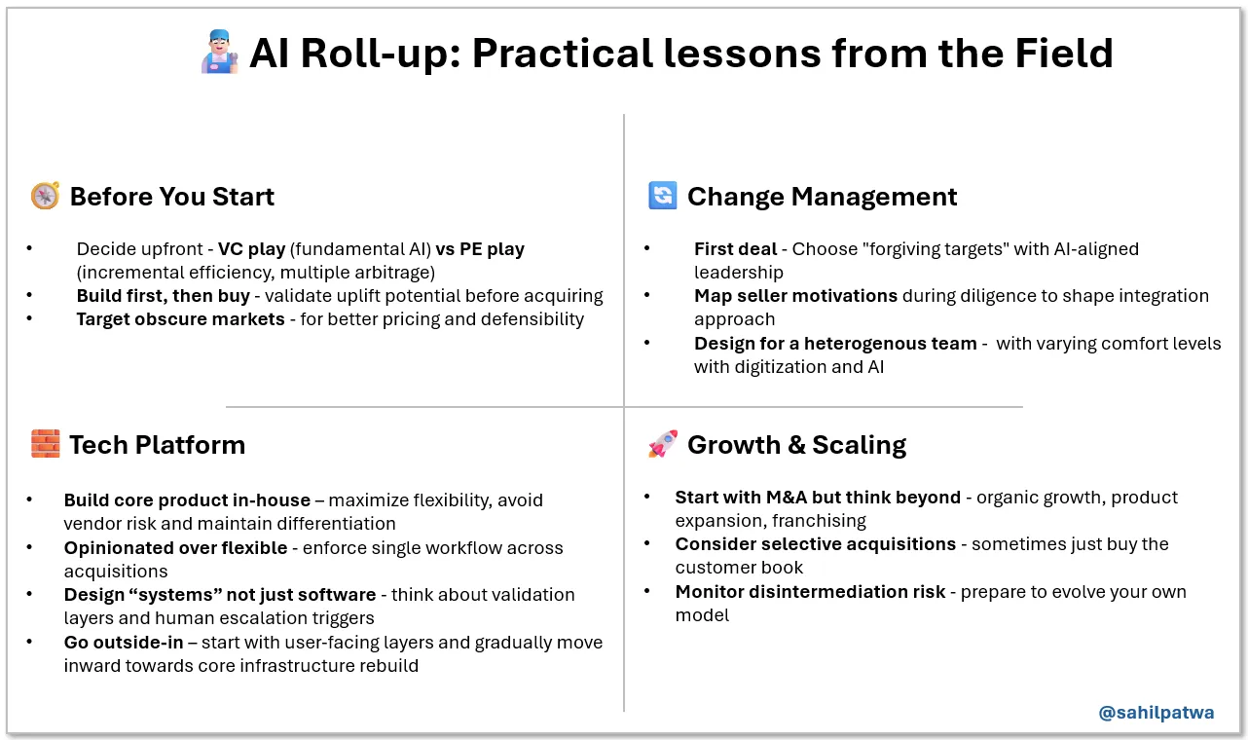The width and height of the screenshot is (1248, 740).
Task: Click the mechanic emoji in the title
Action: [219, 52]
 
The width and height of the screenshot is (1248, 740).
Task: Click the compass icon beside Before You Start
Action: [45, 197]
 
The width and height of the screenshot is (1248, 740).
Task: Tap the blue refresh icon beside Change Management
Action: [662, 196]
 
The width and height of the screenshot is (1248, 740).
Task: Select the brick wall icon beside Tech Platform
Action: [45, 445]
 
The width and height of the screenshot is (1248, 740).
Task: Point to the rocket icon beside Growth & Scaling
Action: [662, 445]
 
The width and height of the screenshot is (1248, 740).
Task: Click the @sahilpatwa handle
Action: [1156, 713]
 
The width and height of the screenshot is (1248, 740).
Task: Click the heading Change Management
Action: [822, 197]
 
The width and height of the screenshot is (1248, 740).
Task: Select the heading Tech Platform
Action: [157, 445]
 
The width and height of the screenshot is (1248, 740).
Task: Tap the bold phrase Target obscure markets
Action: [180, 319]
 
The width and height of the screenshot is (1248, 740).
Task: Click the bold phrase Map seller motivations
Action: [795, 296]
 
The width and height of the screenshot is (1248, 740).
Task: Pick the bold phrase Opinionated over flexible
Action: [175, 548]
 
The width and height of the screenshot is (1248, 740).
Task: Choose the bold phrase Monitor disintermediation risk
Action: [810, 592]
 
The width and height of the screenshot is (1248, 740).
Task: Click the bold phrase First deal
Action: [735, 249]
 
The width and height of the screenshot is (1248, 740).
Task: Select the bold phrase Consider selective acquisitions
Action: [815, 544]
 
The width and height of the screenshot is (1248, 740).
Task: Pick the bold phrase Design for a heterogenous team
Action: [835, 344]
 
